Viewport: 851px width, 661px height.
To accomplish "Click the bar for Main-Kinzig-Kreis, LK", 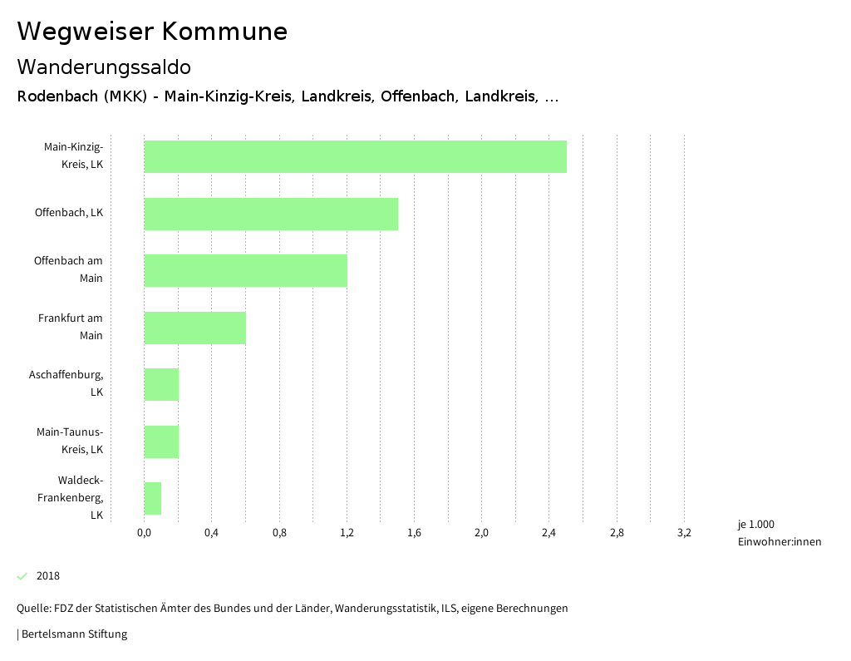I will coord(355,156).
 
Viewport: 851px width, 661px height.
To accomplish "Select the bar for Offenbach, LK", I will coord(271,214).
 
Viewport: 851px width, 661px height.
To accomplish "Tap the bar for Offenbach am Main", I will coord(245,270).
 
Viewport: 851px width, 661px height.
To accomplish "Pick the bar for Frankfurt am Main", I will coord(194,328).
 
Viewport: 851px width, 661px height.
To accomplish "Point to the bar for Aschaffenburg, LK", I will coord(161,384).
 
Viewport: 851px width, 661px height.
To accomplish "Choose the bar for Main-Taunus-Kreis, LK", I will coord(161,441).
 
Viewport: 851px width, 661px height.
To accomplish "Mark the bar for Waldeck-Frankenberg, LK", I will coord(153,498).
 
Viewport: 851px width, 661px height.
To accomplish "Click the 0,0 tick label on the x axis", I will coord(144,532).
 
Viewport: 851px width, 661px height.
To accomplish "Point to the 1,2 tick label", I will coord(347,532).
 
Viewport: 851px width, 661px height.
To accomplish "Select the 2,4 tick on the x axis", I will coord(548,532).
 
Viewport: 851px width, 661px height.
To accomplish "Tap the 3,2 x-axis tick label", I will coord(684,532).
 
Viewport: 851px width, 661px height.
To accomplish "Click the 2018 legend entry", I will coord(48,576).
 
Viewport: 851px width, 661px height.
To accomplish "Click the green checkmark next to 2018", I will coord(22,576).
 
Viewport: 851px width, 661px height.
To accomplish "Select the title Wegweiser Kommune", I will coord(152,32).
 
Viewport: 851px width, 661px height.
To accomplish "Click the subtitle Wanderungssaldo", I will coord(104,67).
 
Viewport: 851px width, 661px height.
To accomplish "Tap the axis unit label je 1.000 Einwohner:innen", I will coord(779,533).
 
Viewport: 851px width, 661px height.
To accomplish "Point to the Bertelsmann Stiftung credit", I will coord(74,634).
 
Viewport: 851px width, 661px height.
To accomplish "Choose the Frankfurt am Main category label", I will coord(71,327).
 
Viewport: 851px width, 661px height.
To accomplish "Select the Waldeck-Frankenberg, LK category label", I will coord(71,498).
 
